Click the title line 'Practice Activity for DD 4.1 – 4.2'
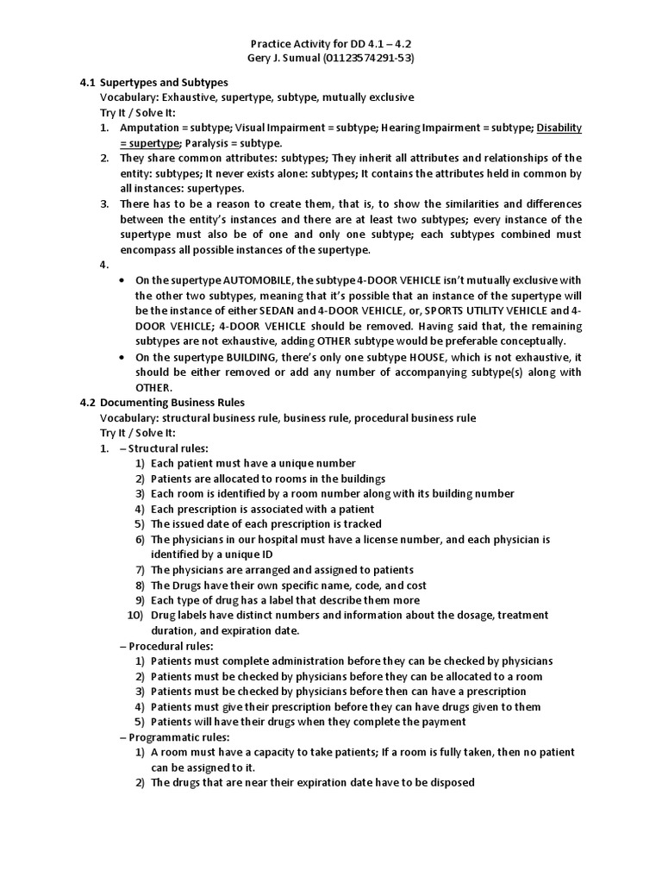click(x=330, y=43)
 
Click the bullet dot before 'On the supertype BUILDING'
click(x=124, y=358)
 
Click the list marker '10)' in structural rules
click(x=135, y=615)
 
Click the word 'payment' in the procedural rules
click(x=441, y=722)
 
